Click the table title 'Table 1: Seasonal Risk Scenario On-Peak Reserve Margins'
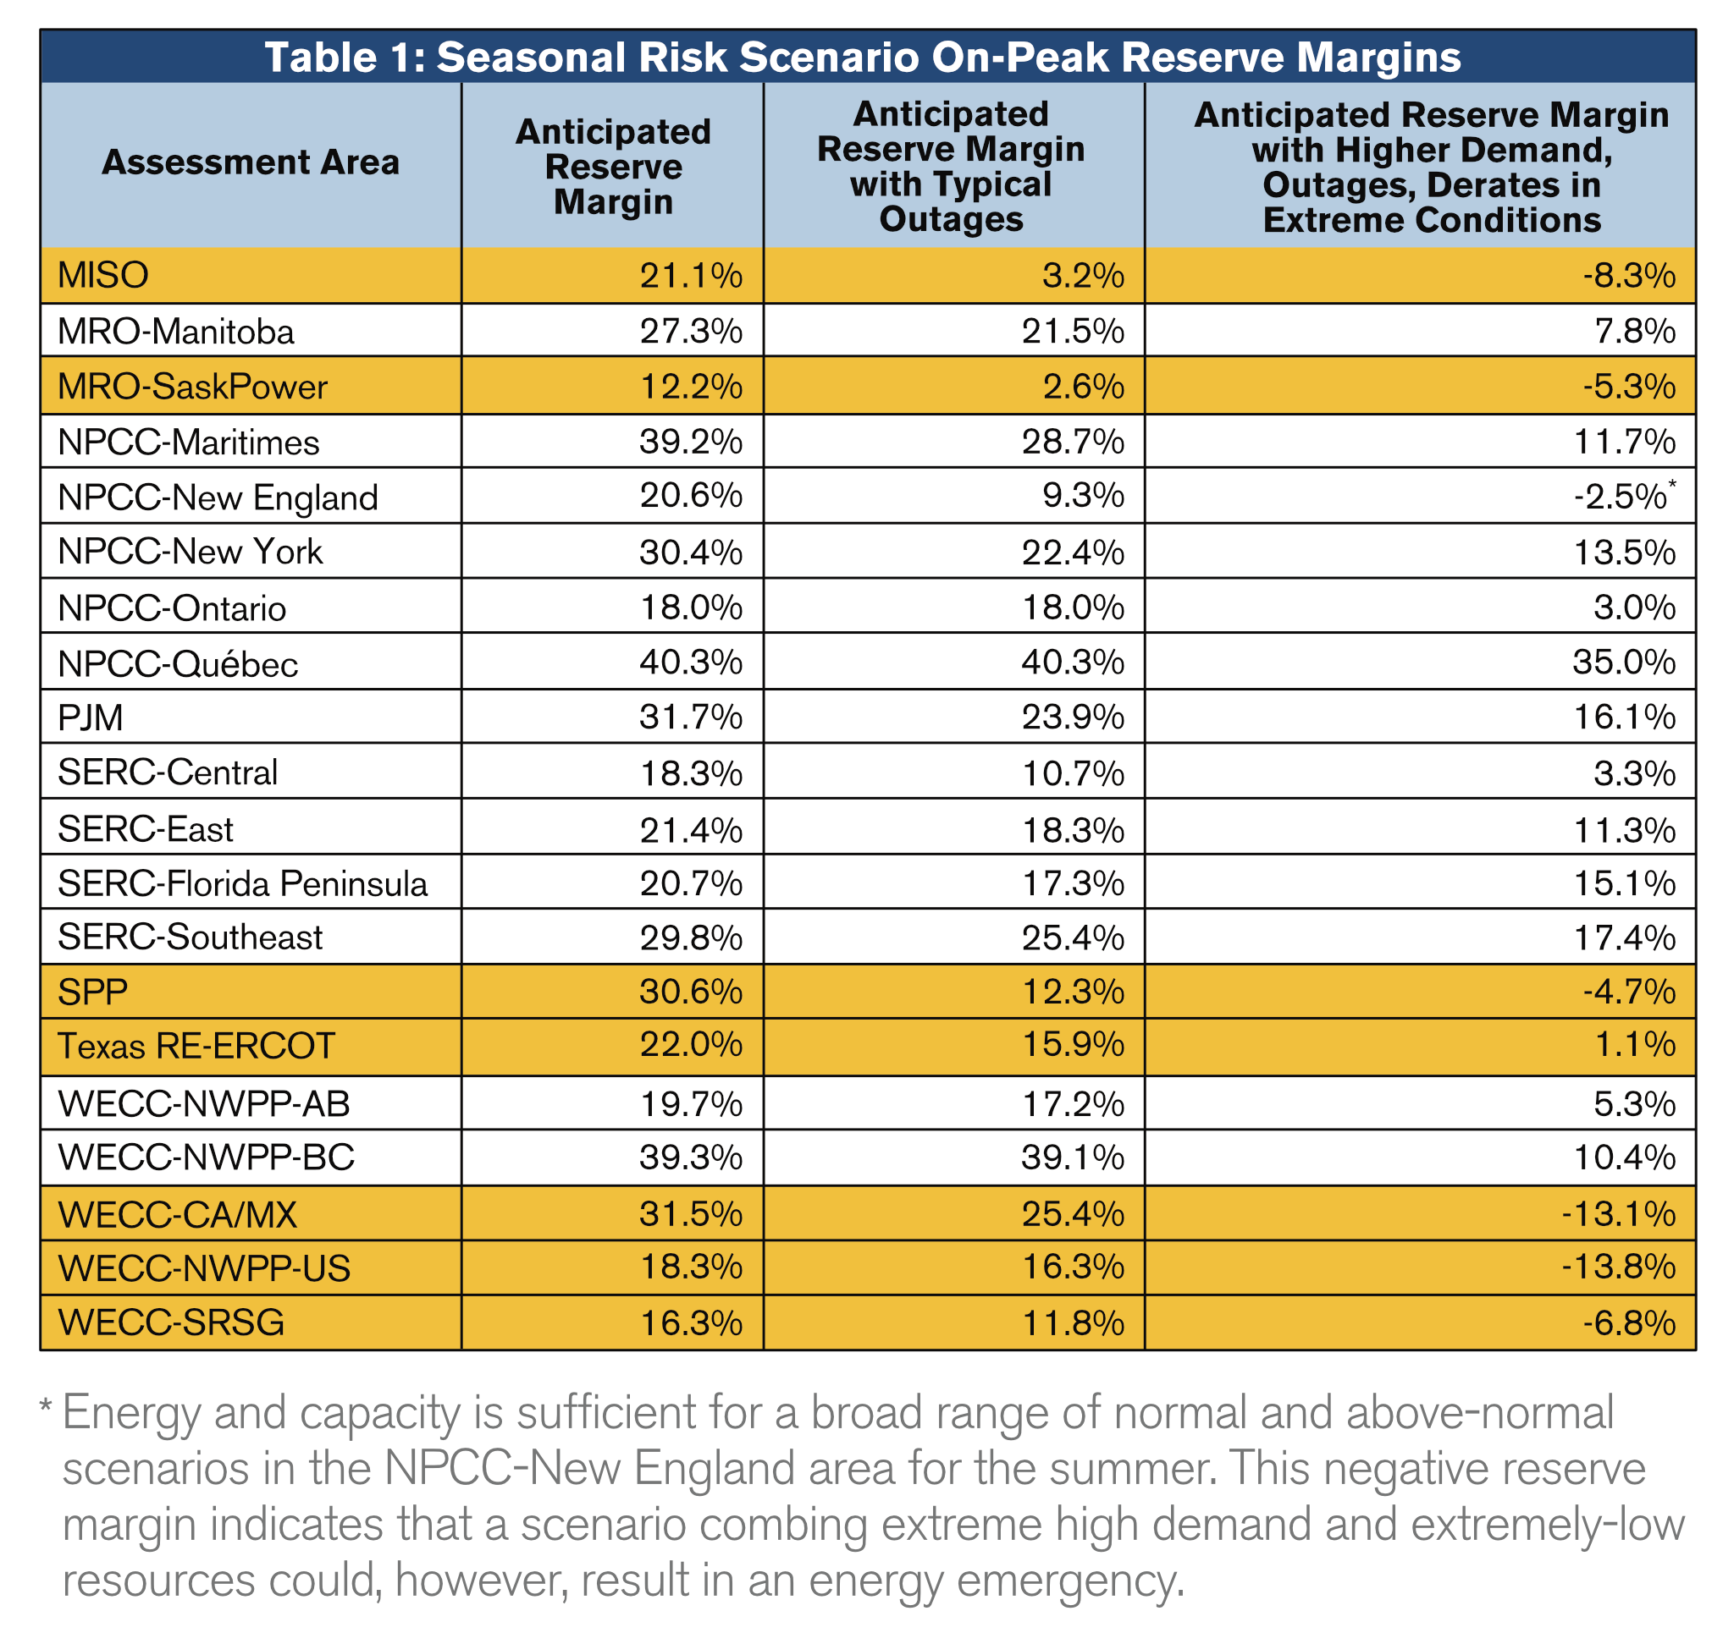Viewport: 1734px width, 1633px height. (x=862, y=58)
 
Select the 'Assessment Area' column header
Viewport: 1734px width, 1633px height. (x=251, y=163)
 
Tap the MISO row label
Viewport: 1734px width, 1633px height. (x=103, y=276)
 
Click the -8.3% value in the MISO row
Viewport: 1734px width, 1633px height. (x=1628, y=276)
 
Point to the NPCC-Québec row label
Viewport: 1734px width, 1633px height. (x=178, y=664)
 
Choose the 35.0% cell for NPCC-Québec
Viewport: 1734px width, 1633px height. (x=1623, y=663)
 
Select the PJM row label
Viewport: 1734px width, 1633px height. (x=91, y=718)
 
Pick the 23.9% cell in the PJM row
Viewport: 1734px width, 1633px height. (x=1072, y=718)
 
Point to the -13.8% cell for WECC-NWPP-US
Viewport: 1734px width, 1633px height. (x=1618, y=1267)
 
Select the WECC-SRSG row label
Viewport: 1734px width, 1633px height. (x=171, y=1322)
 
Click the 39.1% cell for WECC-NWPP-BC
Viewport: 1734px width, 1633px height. (x=1072, y=1157)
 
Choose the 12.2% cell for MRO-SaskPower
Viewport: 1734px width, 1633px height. (x=691, y=386)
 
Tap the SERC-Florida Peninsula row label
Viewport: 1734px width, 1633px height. (x=242, y=884)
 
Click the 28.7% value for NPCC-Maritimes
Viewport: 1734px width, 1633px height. (x=1072, y=442)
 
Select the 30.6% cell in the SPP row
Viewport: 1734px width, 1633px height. (x=691, y=992)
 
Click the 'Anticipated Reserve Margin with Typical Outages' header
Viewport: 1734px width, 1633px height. (x=951, y=167)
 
